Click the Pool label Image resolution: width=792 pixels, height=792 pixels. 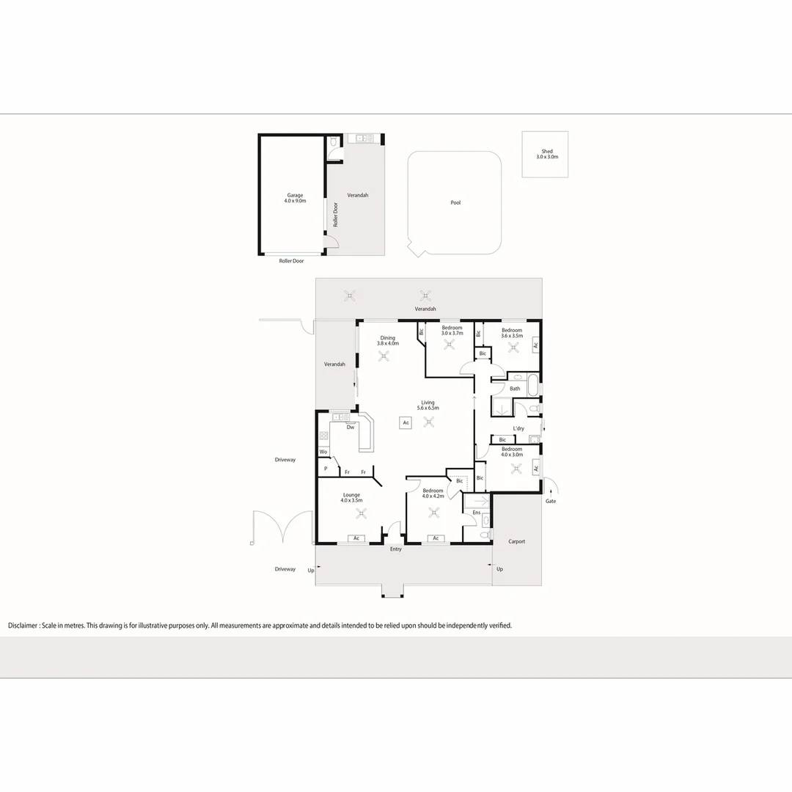455,202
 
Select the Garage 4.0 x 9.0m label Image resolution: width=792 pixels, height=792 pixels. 295,198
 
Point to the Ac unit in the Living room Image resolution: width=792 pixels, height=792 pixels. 405,422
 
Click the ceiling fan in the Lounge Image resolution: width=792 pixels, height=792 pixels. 357,513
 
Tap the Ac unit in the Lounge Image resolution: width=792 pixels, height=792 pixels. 356,538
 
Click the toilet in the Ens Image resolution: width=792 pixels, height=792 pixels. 485,536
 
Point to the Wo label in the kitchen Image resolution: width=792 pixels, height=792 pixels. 323,452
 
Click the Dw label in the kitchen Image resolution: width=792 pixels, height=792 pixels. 351,428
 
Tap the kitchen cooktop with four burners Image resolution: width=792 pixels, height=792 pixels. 323,436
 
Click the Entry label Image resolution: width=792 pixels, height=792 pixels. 396,549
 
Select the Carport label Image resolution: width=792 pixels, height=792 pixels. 516,541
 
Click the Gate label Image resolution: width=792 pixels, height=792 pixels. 550,501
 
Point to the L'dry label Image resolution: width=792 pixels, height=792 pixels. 518,428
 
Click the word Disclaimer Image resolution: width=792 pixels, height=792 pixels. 23,626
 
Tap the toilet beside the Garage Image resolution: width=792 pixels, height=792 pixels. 333,143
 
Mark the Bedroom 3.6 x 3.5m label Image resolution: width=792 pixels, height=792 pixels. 512,332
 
